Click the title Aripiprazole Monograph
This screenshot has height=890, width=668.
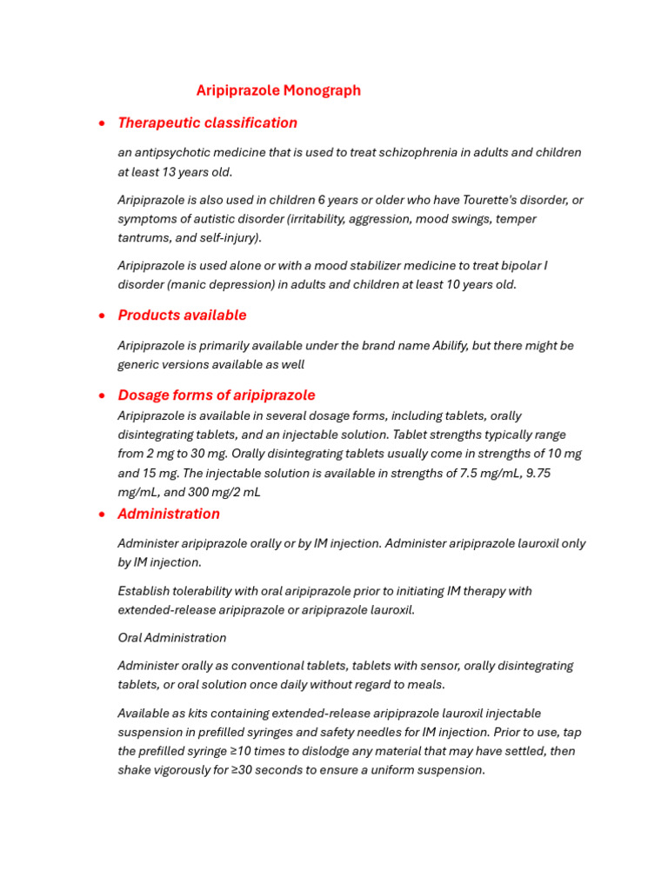278,90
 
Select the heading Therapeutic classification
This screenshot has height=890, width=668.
207,123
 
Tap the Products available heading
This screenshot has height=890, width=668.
182,315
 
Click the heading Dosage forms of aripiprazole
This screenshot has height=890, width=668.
216,395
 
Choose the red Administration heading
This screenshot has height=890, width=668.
169,514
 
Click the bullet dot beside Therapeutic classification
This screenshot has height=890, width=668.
103,123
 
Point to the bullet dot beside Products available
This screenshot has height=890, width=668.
103,315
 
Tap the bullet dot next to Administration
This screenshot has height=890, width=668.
103,515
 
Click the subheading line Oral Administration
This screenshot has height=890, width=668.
172,638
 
